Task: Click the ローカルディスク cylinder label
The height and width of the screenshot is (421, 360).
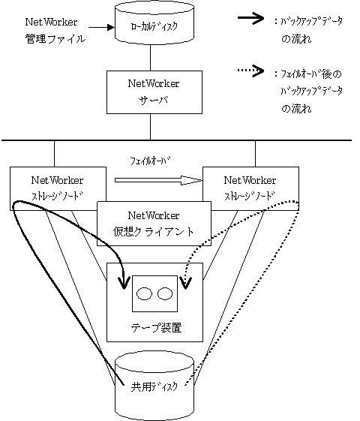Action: (x=154, y=27)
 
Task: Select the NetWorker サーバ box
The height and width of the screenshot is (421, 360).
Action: (x=154, y=92)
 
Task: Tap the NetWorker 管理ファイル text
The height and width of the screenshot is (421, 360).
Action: (x=55, y=30)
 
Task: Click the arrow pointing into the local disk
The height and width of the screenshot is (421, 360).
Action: (x=101, y=27)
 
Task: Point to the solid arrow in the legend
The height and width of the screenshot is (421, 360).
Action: (x=250, y=18)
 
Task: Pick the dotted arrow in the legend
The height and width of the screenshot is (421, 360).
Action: (x=250, y=71)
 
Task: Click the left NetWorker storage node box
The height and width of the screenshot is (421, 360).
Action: (x=58, y=188)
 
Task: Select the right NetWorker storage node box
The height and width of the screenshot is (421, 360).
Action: (x=250, y=188)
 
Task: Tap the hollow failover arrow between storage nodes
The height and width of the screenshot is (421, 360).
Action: (x=158, y=180)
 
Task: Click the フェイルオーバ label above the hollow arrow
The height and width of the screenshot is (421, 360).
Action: (x=151, y=161)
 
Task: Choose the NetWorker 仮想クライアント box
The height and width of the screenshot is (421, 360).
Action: (x=154, y=224)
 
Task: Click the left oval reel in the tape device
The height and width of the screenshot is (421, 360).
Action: (x=144, y=293)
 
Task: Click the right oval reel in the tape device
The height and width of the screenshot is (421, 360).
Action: (x=165, y=293)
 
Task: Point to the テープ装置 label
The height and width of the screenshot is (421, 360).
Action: (x=156, y=328)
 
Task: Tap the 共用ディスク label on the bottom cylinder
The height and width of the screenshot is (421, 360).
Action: (x=154, y=387)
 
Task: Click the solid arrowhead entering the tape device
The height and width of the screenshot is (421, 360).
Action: (x=124, y=283)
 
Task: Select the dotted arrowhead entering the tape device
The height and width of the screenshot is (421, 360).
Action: (x=186, y=283)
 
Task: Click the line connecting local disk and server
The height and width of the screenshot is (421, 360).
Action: (x=150, y=58)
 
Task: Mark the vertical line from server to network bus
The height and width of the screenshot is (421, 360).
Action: (x=150, y=127)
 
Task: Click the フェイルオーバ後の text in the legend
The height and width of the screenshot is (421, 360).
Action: (x=311, y=74)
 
